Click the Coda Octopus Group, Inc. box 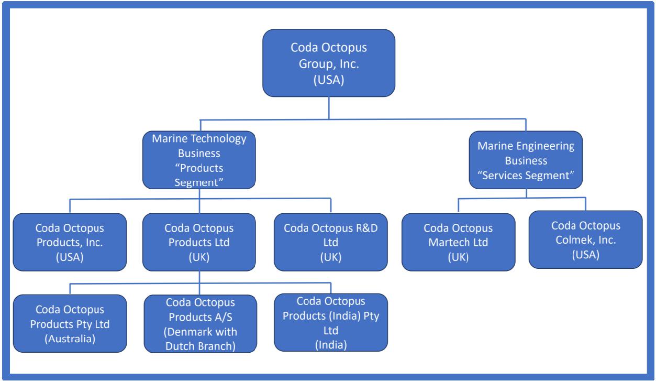tap(329, 63)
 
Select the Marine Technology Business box tap(199, 160)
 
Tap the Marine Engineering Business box tap(526, 160)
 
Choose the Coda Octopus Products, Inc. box tap(70, 242)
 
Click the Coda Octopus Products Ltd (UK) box tap(199, 242)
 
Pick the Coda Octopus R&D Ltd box tap(331, 242)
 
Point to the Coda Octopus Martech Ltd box tap(458, 242)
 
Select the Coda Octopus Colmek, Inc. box tap(585, 239)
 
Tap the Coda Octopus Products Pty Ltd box tap(70, 323)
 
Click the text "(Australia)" tap(70, 339)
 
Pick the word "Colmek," tap(574, 239)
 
